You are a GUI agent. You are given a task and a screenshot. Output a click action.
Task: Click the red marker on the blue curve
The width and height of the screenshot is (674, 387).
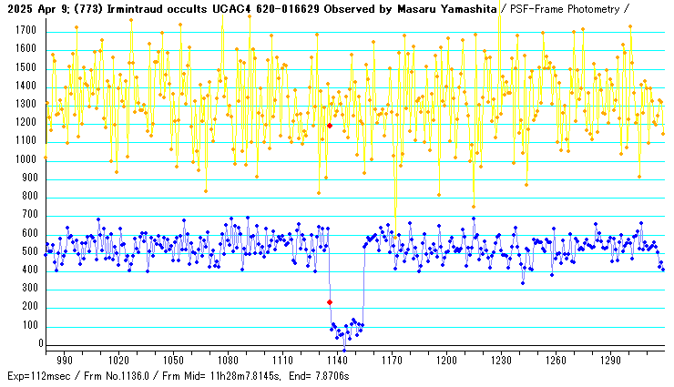point(330,302)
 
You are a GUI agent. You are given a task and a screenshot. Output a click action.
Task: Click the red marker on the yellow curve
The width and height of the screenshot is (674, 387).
point(330,126)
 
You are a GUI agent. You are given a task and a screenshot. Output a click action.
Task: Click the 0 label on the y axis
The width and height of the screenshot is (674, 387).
point(40,345)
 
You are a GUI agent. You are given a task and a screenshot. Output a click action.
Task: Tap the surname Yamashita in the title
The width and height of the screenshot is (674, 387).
point(465,8)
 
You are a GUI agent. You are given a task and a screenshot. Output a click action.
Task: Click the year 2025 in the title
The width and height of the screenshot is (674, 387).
point(18,8)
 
